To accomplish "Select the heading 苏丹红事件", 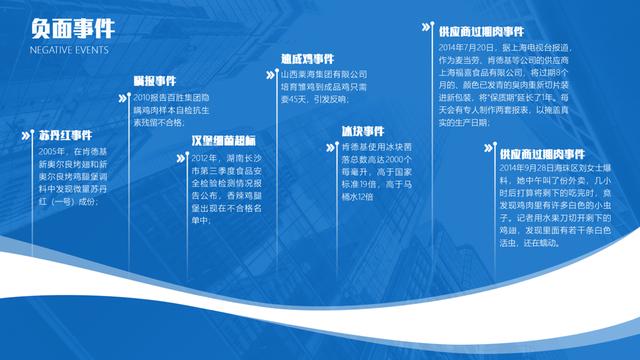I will click(65, 133).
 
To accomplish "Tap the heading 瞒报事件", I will click(154, 80).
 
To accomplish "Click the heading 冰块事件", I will click(362, 131).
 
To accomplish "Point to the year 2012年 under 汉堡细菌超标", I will click(204, 158).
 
